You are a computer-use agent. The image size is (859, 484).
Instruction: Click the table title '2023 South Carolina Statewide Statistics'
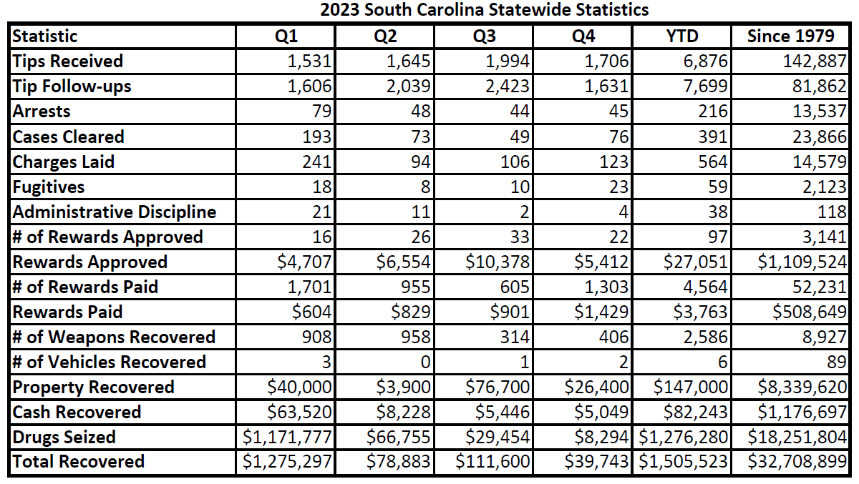coord(485,10)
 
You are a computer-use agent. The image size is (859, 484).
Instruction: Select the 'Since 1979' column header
coord(791,36)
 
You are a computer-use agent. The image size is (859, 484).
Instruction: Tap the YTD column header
coord(682,36)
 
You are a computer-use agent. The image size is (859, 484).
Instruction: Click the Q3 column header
coord(485,36)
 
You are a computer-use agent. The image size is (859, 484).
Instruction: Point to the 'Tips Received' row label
coord(67,61)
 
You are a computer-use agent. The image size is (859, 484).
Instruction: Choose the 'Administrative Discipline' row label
coord(115,212)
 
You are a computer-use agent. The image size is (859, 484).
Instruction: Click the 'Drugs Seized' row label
coord(64,437)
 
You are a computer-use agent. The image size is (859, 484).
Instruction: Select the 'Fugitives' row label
coord(49,187)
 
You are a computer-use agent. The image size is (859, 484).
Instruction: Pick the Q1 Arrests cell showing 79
coord(321,112)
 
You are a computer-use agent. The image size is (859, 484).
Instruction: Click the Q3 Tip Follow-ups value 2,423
coord(508,87)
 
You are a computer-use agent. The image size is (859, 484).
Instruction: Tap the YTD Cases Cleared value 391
coord(713,137)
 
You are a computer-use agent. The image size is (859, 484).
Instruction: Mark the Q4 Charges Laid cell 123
coord(614,162)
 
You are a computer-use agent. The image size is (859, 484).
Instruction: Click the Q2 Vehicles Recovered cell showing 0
coord(426,362)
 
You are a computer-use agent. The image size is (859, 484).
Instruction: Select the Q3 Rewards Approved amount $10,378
coord(498,262)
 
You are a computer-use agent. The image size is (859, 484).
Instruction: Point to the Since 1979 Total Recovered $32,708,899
coord(797,461)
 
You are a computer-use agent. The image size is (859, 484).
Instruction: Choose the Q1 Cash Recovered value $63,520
coord(299,412)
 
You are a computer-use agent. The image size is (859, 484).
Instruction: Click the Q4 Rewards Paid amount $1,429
coord(601,312)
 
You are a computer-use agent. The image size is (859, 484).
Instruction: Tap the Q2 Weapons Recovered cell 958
coord(416,337)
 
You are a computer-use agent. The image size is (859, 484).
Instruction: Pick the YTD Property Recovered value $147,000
coord(691,387)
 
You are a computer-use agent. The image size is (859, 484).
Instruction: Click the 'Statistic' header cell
coord(45,36)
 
